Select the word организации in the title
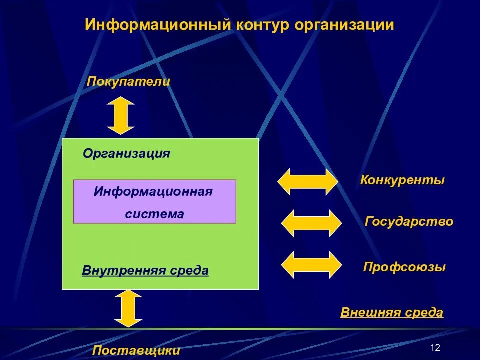[344, 25]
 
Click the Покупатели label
[129, 81]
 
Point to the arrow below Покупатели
[121, 115]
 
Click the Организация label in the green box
[127, 153]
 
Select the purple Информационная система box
[154, 201]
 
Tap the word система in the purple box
[154, 214]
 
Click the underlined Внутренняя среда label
[145, 271]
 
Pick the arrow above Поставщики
[128, 308]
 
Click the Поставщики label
[136, 350]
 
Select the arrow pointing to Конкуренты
[308, 181]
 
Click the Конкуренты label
[402, 180]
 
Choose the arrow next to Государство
[312, 223]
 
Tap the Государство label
[409, 222]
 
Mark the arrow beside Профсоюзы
[312, 265]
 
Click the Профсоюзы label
[404, 267]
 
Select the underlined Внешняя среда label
[392, 313]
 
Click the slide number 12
[435, 348]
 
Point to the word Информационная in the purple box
[153, 192]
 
